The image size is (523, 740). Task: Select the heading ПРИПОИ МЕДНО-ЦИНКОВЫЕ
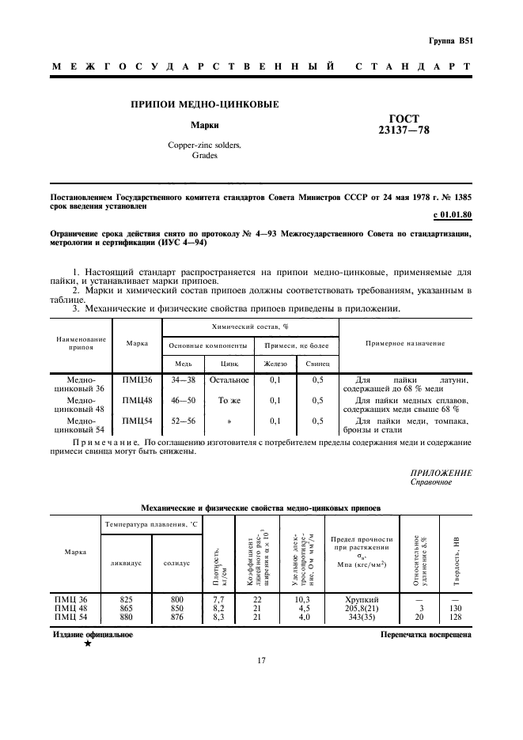(205, 104)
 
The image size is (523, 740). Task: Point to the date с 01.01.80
(453, 215)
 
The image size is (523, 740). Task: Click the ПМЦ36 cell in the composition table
(137, 379)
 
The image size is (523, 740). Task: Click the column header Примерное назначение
(405, 343)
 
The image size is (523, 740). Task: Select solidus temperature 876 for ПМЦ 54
(176, 617)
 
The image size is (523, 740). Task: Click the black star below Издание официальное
(87, 644)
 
